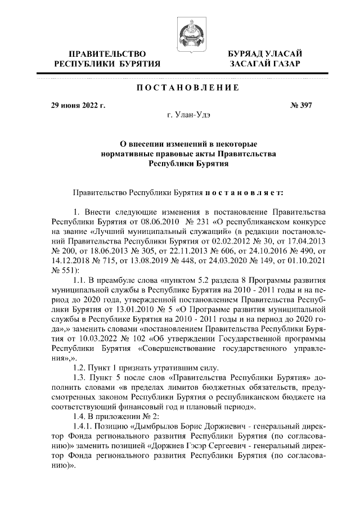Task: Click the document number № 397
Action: (x=301, y=105)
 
